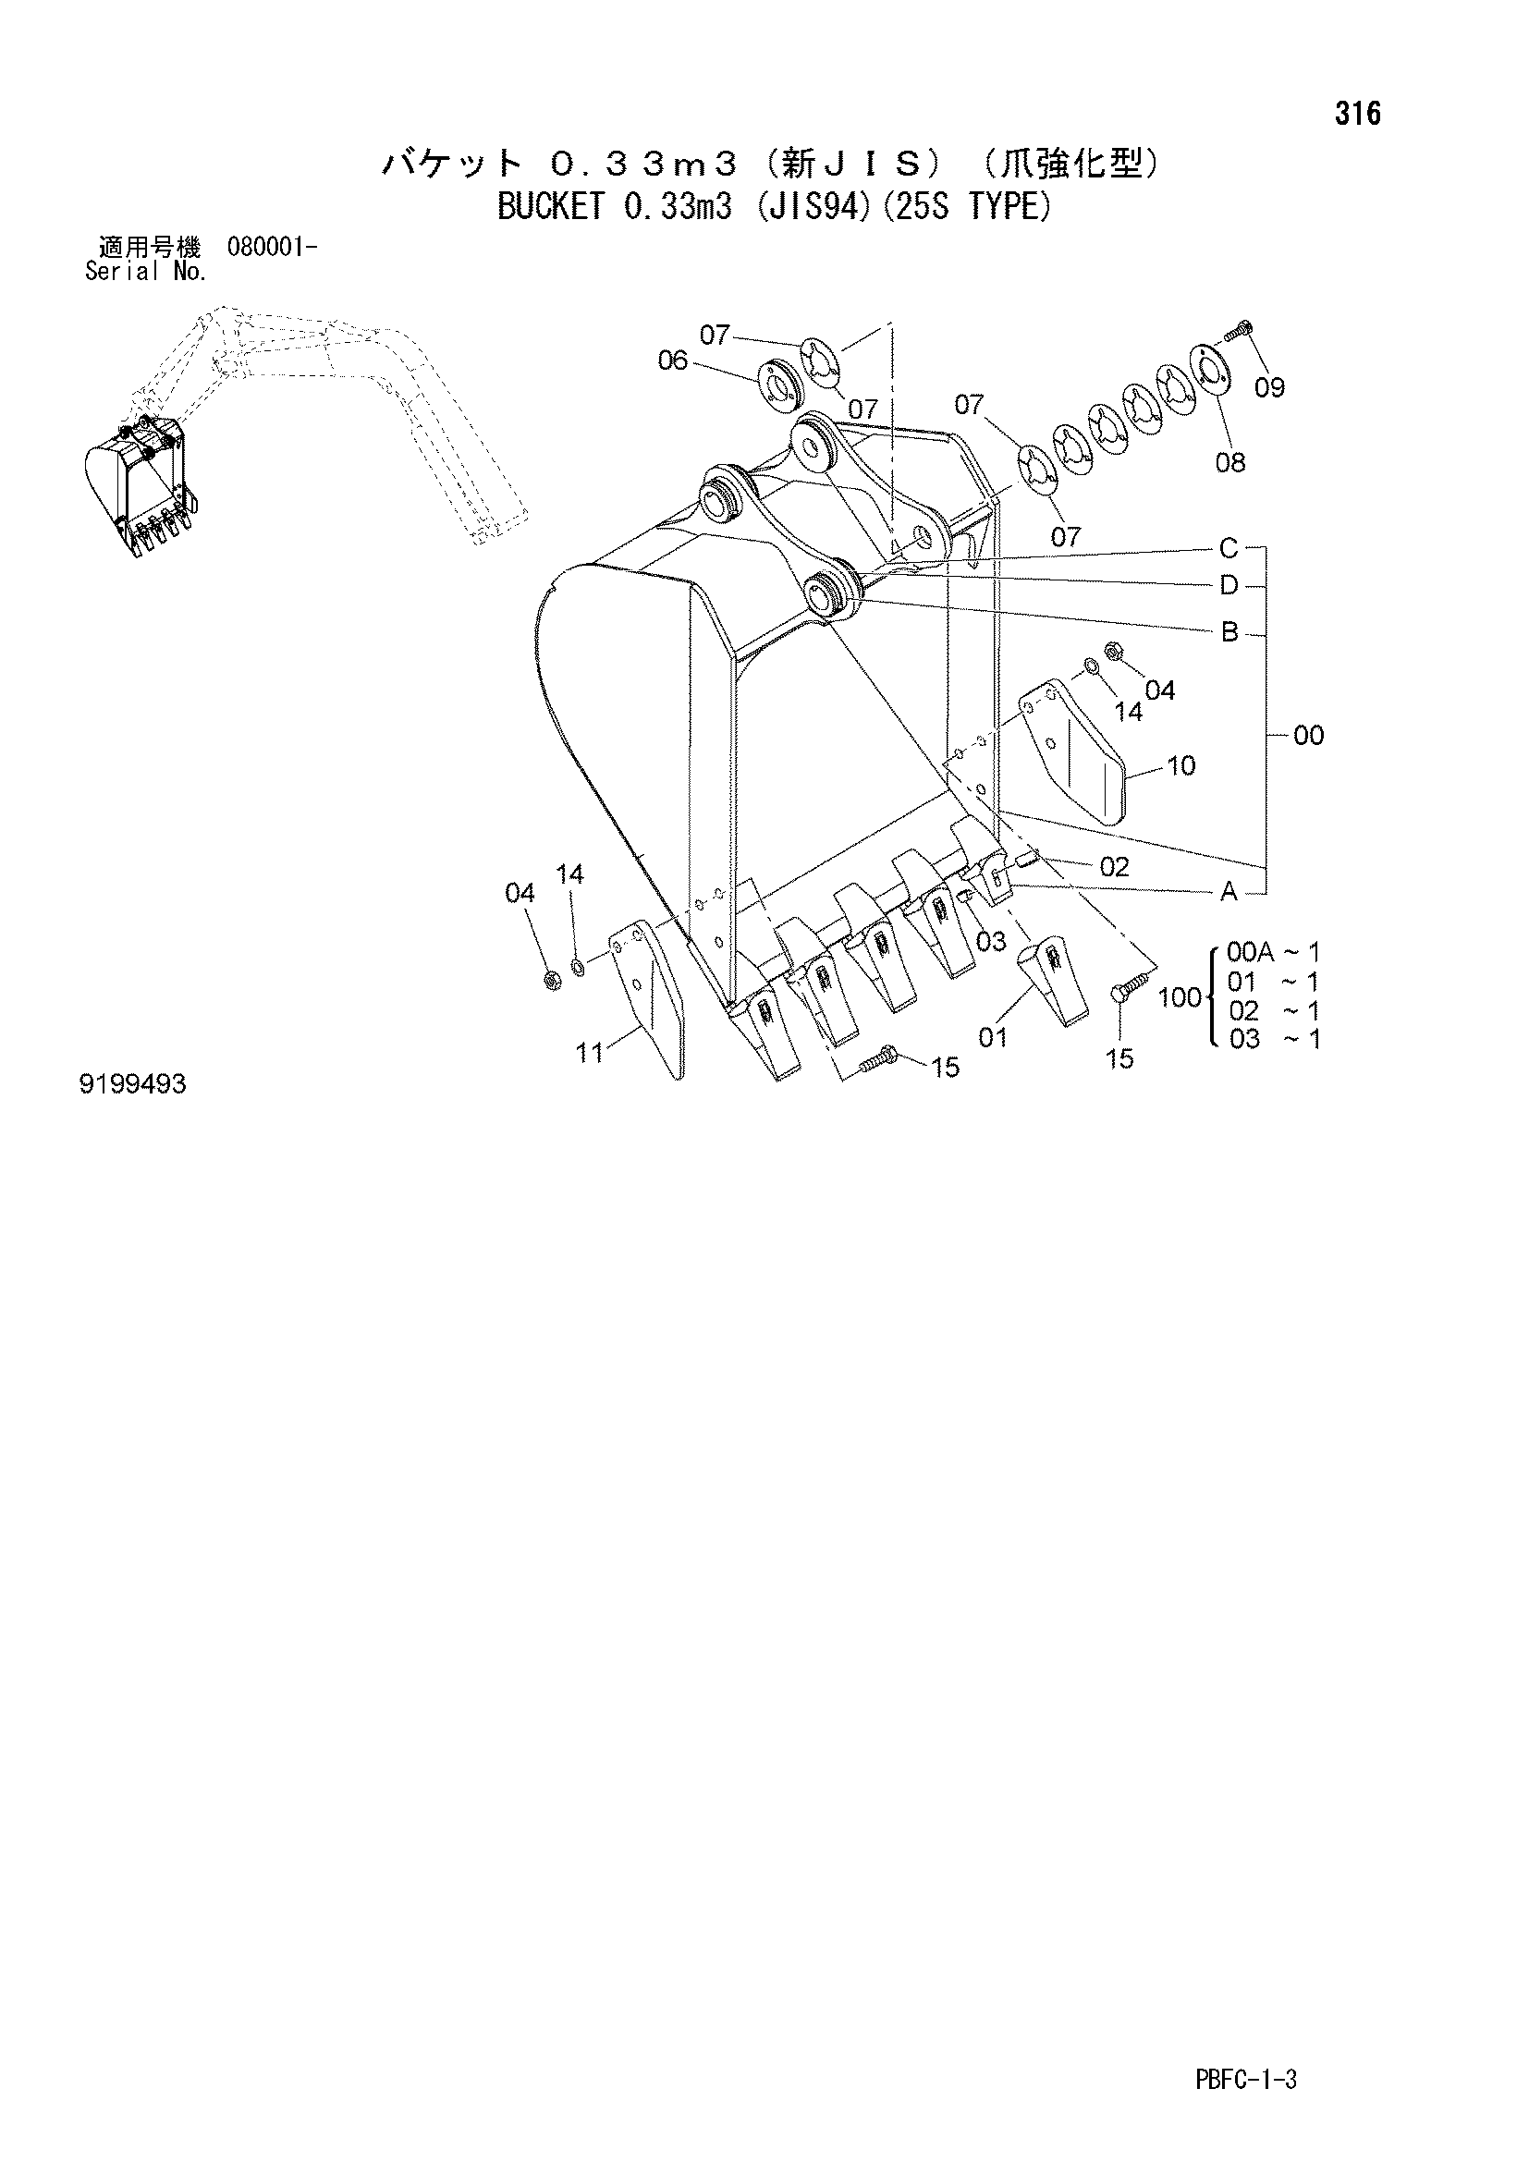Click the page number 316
[1357, 114]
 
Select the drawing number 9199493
[133, 1085]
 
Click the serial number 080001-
[271, 248]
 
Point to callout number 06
[673, 360]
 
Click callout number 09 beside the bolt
[1269, 387]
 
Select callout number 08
[1229, 462]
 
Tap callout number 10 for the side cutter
[1180, 765]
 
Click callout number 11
[590, 1052]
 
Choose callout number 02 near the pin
[1114, 866]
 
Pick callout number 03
[990, 941]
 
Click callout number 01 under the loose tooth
[992, 1038]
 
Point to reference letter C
[1229, 547]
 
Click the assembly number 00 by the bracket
[1309, 735]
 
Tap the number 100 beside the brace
[1180, 996]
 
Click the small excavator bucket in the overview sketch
[141, 490]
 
